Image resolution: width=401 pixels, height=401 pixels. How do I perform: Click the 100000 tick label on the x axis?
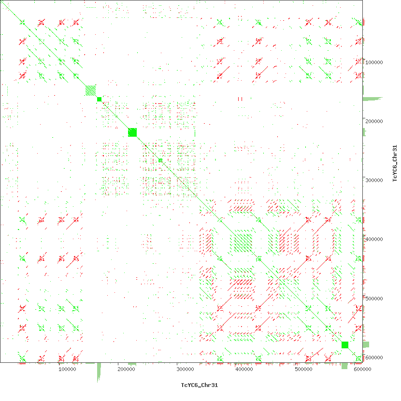pyautogui.click(x=67, y=370)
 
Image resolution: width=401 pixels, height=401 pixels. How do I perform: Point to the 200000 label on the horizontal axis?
pyautogui.click(x=126, y=370)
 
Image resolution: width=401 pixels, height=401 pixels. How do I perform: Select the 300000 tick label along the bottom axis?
pyautogui.click(x=185, y=370)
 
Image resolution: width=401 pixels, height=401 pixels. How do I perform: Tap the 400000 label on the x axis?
pyautogui.click(x=244, y=370)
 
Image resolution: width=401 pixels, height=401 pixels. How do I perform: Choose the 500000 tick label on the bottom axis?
pyautogui.click(x=303, y=370)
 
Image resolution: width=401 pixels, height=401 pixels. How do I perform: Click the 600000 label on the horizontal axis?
pyautogui.click(x=362, y=370)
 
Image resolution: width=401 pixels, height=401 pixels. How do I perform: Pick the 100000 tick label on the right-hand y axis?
pyautogui.click(x=375, y=62)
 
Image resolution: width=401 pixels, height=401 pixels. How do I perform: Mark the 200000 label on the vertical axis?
pyautogui.click(x=375, y=121)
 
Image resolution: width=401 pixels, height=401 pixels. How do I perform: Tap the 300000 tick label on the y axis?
pyautogui.click(x=375, y=180)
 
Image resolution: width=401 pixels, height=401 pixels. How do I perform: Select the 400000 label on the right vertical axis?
pyautogui.click(x=375, y=239)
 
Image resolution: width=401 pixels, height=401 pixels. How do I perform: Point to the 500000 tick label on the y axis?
pyautogui.click(x=375, y=299)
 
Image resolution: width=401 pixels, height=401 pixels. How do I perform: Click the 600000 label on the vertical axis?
pyautogui.click(x=375, y=358)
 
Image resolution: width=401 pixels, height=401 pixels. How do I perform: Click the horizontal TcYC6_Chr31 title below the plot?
pyautogui.click(x=200, y=385)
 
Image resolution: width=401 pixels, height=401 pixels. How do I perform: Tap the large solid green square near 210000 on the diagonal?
pyautogui.click(x=132, y=132)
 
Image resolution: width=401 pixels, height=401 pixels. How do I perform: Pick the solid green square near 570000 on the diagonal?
pyautogui.click(x=345, y=345)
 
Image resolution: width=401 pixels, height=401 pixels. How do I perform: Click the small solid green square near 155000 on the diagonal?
pyautogui.click(x=99, y=99)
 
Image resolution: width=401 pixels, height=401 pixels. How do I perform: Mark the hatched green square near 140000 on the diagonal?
pyautogui.click(x=90, y=90)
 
